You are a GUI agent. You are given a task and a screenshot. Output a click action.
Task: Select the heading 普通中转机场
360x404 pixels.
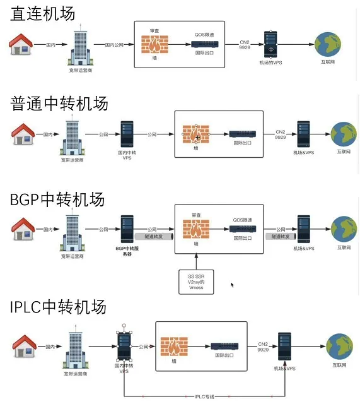59,103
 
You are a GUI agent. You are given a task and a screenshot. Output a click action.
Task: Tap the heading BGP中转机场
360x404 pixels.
57,199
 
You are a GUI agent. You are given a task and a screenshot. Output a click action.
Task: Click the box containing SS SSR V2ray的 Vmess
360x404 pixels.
196,281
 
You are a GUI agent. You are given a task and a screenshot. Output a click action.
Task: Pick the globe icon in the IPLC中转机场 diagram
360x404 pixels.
340,346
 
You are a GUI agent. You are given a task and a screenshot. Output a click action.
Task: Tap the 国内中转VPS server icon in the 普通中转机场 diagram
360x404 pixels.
127,134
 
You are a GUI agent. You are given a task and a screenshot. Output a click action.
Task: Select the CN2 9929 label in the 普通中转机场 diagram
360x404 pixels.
281,134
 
